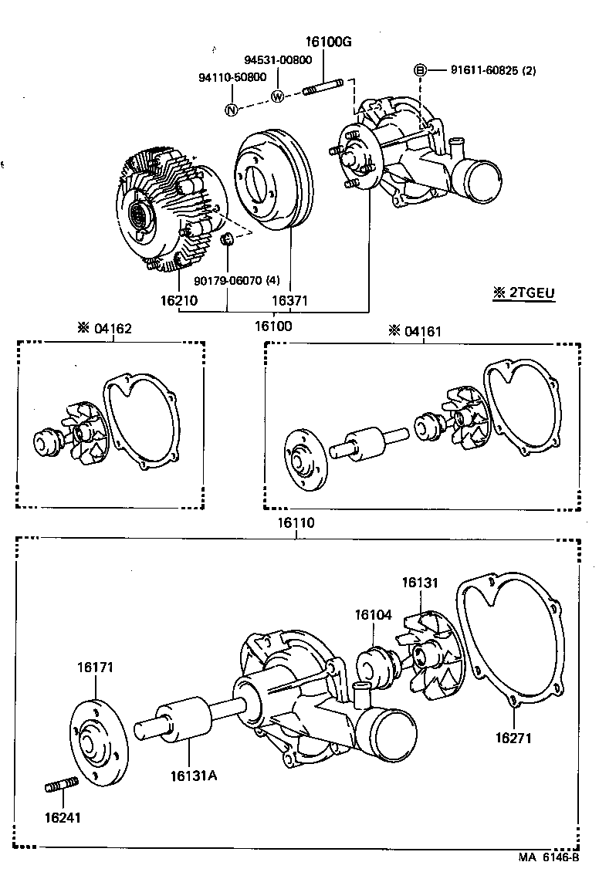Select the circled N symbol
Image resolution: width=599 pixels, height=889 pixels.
pyautogui.click(x=230, y=110)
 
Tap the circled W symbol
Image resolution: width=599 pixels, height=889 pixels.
pyautogui.click(x=278, y=96)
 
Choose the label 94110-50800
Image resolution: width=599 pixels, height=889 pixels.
pyautogui.click(x=232, y=77)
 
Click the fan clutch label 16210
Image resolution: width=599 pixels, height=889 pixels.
pyautogui.click(x=178, y=299)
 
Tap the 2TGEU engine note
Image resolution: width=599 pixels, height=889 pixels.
pyautogui.click(x=523, y=292)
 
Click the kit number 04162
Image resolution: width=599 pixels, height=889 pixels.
pyautogui.click(x=113, y=328)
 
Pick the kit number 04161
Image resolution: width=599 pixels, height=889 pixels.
pyautogui.click(x=424, y=331)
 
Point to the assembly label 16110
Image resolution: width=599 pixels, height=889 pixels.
pyautogui.click(x=296, y=522)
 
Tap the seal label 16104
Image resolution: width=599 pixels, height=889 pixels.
pyautogui.click(x=373, y=615)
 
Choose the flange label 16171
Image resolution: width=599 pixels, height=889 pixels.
pyautogui.click(x=95, y=668)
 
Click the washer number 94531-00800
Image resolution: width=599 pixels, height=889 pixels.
pyautogui.click(x=278, y=60)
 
